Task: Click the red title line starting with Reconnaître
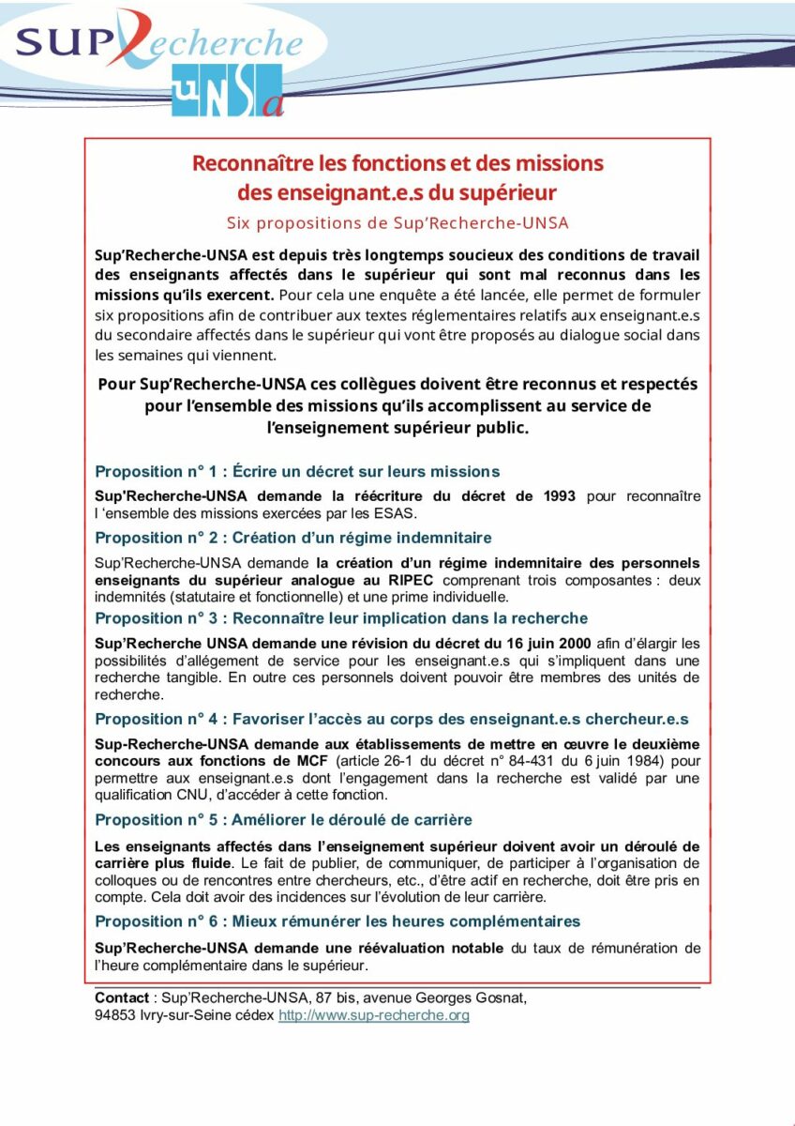click(397, 163)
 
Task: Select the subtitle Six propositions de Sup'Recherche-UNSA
click(397, 223)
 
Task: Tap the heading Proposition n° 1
click(297, 471)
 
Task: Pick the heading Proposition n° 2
click(292, 538)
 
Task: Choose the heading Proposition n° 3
click(341, 617)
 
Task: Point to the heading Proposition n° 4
click(391, 719)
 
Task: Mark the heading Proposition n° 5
click(283, 820)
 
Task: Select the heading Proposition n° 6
click(337, 921)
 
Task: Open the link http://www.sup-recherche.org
click(373, 1015)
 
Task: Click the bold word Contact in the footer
click(122, 997)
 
